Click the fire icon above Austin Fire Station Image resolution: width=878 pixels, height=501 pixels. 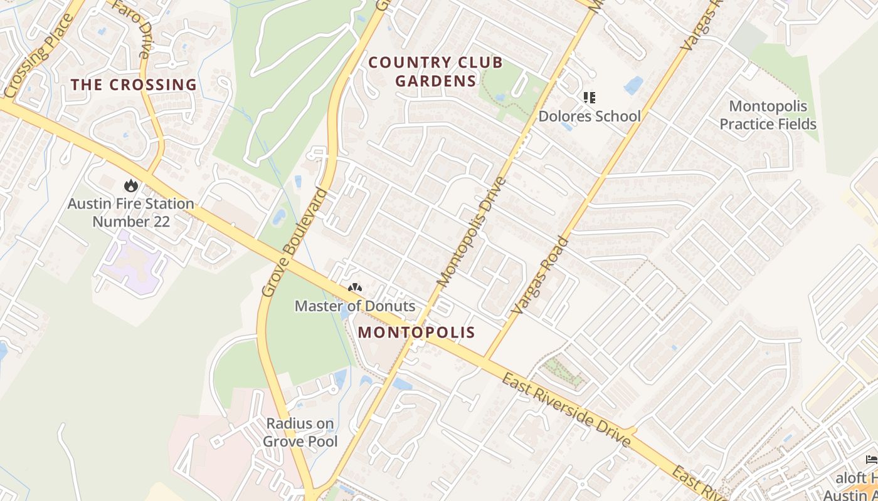130,185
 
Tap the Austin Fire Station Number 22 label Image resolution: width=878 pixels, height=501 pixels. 131,213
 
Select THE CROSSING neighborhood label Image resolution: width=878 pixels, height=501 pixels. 134,85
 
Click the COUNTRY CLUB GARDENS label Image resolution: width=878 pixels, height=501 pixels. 436,71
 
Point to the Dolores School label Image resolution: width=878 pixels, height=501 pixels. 590,116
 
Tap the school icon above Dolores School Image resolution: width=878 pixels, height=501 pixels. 589,98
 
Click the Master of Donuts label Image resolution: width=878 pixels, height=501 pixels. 355,306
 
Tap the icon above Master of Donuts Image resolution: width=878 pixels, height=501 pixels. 355,288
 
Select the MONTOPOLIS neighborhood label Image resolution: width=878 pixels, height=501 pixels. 416,333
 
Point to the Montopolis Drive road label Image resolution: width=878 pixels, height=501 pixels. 472,232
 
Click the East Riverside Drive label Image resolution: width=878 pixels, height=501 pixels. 566,410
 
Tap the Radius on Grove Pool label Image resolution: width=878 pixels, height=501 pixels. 300,433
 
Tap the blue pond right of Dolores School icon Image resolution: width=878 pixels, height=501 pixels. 633,85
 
